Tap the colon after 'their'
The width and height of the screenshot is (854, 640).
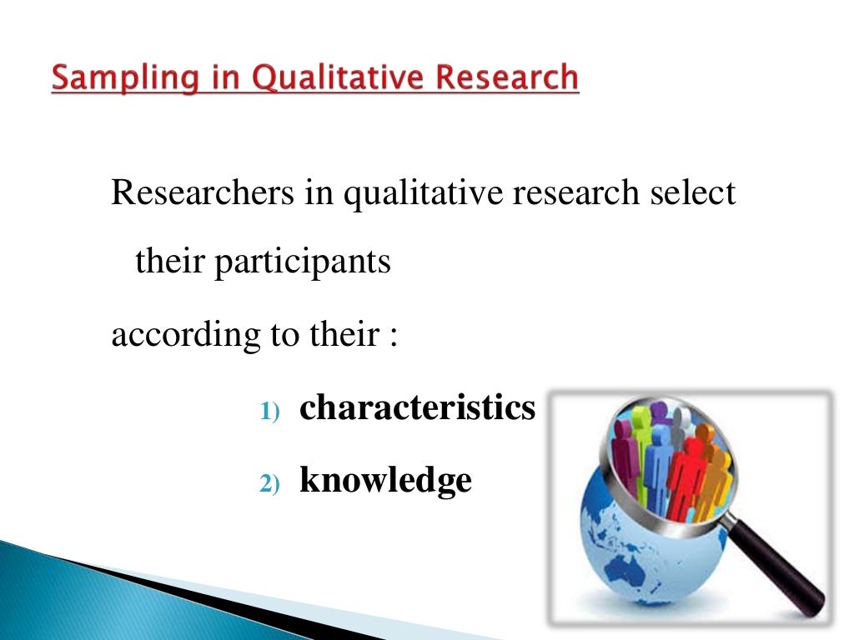(392, 337)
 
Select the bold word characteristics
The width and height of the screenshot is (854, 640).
(417, 407)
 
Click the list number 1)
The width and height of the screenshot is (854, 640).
(271, 411)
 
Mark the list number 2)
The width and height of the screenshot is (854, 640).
(271, 483)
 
